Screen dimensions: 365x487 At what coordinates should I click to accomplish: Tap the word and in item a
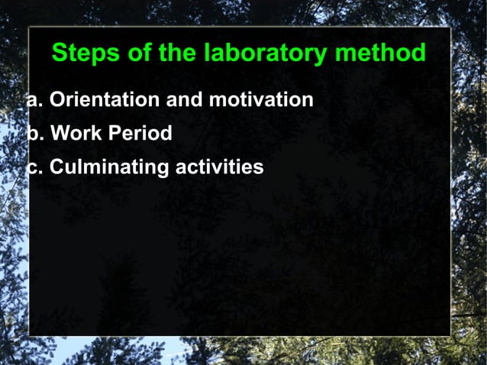pyautogui.click(x=184, y=100)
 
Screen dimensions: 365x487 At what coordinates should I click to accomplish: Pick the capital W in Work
pyautogui.click(x=59, y=134)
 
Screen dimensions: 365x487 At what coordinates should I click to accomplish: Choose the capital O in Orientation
pyautogui.click(x=57, y=100)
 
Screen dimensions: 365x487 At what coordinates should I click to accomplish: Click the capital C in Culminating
pyautogui.click(x=56, y=167)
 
